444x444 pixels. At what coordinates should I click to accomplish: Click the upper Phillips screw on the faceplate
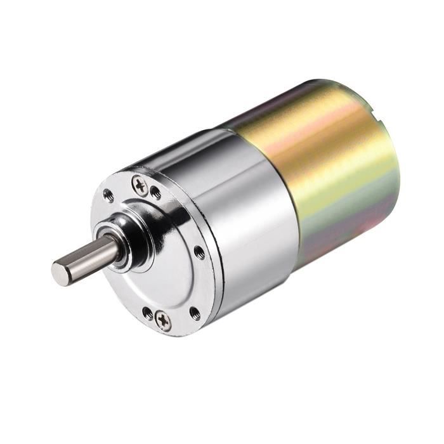(140, 185)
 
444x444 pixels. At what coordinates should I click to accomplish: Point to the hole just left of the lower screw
(148, 313)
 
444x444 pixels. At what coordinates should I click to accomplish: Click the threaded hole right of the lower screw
(194, 311)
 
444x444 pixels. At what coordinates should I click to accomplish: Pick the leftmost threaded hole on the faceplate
(108, 196)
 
